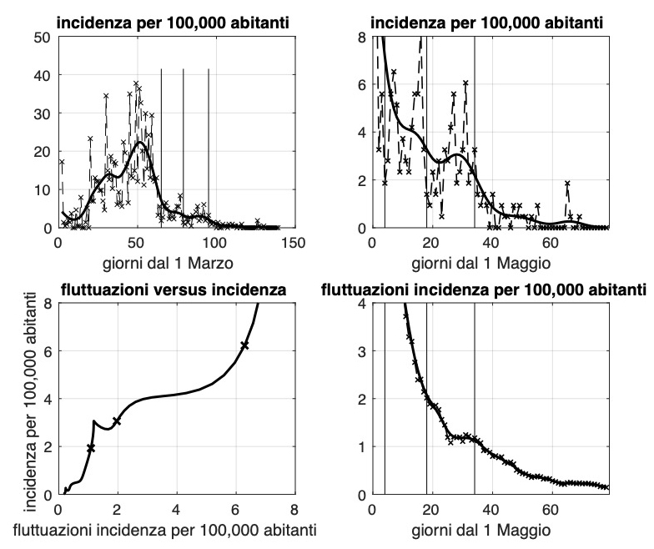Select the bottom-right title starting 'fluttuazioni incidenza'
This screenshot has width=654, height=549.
(x=484, y=290)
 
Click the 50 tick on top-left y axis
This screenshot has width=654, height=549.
(x=43, y=37)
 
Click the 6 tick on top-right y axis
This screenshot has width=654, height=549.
(x=361, y=85)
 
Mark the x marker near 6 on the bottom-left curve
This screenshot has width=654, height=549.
(x=244, y=345)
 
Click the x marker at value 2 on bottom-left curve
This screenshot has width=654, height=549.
(x=117, y=421)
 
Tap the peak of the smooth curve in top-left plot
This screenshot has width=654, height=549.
(x=140, y=143)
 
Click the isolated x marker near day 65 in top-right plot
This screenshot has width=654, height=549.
(x=567, y=184)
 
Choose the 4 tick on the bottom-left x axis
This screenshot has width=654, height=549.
(x=176, y=510)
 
